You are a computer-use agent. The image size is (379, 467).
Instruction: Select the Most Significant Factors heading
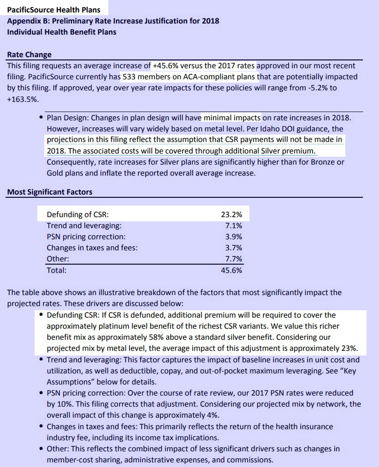(x=49, y=192)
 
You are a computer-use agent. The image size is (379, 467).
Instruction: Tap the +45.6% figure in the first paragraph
(x=164, y=66)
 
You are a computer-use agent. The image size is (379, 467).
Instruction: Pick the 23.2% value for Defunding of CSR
(x=231, y=214)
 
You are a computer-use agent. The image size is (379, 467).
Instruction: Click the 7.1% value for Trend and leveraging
(x=233, y=225)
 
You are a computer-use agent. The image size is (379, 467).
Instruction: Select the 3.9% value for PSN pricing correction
(x=233, y=236)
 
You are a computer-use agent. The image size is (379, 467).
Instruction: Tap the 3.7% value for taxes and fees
(x=233, y=248)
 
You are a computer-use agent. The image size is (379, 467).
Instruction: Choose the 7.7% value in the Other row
(x=233, y=259)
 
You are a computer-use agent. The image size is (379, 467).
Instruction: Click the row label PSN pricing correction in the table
(x=86, y=236)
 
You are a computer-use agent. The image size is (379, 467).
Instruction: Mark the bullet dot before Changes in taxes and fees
(x=42, y=426)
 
